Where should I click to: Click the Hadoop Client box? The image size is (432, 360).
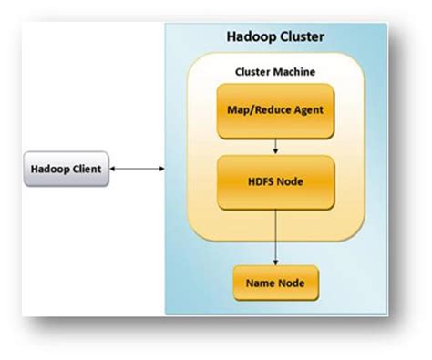[66, 169]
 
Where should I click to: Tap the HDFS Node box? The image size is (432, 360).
[274, 180]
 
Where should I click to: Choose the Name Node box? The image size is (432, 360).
[274, 284]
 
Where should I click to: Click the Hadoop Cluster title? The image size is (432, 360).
[275, 37]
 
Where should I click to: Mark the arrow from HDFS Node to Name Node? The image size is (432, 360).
[274, 237]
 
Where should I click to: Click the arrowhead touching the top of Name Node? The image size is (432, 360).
[274, 262]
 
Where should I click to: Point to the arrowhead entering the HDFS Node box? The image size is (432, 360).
[274, 151]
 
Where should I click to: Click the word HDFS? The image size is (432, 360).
[259, 180]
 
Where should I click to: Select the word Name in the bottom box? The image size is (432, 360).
[259, 284]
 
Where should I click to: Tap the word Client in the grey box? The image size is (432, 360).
[87, 169]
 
